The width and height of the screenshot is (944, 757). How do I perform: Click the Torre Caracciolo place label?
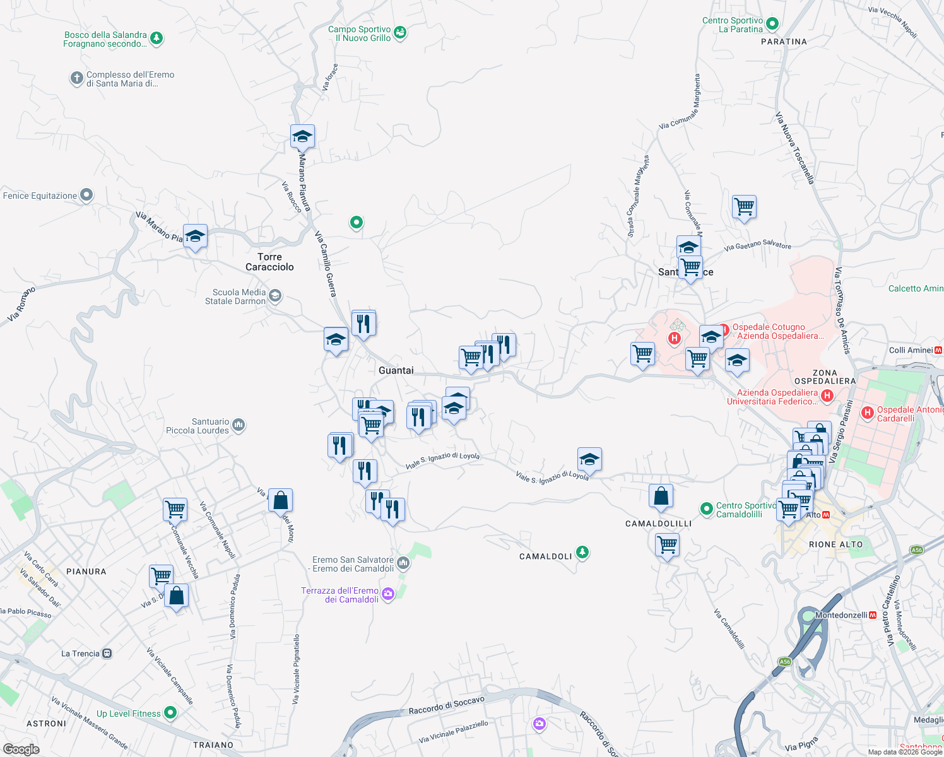click(269, 262)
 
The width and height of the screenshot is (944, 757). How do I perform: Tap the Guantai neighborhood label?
click(396, 370)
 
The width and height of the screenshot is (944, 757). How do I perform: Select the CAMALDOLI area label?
click(545, 556)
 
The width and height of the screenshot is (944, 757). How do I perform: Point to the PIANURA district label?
click(86, 572)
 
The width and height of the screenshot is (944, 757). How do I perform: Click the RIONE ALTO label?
click(835, 544)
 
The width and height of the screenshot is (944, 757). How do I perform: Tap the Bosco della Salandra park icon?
click(156, 38)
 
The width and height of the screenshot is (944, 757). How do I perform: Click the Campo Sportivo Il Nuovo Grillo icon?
click(400, 32)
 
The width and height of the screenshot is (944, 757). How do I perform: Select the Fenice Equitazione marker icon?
click(86, 195)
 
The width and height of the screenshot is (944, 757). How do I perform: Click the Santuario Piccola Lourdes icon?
click(239, 425)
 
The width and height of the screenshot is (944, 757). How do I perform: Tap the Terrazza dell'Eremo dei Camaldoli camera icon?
click(388, 594)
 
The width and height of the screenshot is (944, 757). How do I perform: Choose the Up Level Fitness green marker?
click(170, 713)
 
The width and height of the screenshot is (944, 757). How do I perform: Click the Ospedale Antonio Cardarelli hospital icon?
click(868, 413)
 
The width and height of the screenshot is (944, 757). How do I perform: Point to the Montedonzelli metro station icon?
click(873, 615)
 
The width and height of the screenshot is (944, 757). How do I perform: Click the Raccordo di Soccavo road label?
click(446, 705)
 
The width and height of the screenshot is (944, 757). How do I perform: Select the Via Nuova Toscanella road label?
click(794, 148)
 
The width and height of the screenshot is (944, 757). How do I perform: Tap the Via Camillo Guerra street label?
click(326, 264)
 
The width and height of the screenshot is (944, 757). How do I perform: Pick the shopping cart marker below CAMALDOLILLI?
click(667, 544)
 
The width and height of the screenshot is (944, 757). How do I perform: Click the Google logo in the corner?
click(21, 749)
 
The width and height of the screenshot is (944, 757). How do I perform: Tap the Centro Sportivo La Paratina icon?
click(772, 25)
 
